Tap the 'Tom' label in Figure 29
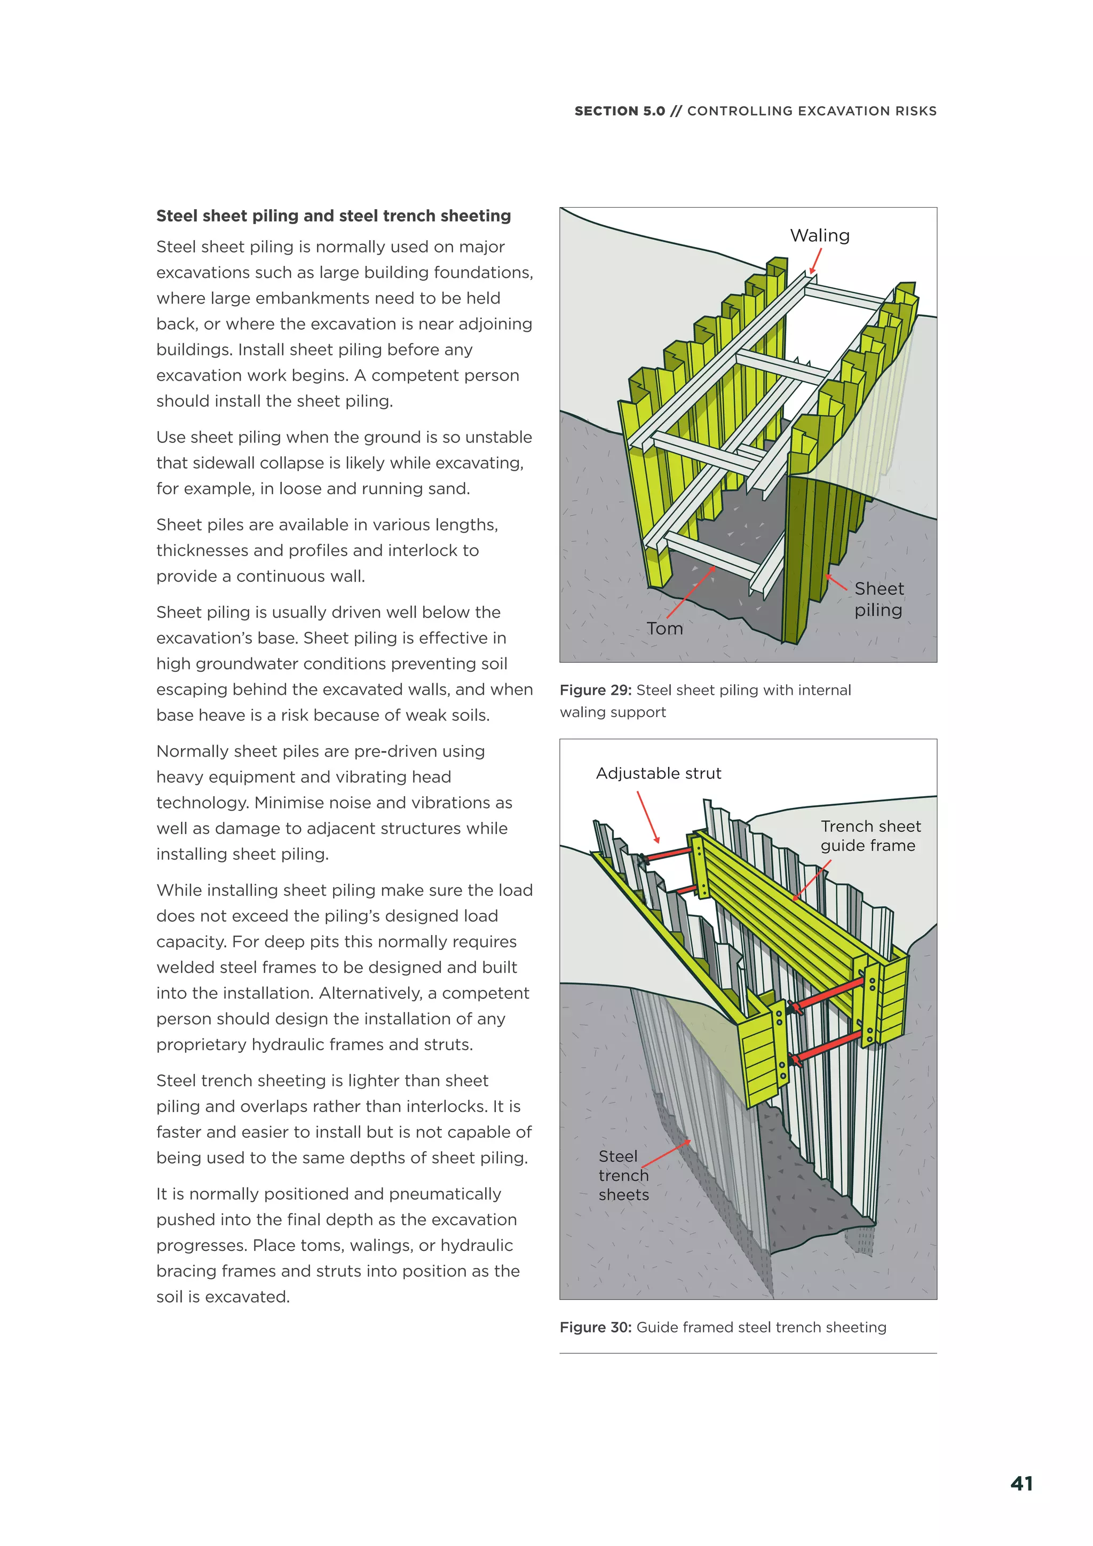(664, 628)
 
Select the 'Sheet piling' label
(878, 599)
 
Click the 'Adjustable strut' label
(658, 773)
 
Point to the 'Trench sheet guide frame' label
(869, 836)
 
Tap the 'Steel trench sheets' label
(623, 1175)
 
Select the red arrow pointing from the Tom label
(690, 592)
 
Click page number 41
(1021, 1484)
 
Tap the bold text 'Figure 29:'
(595, 690)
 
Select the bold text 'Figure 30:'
(595, 1327)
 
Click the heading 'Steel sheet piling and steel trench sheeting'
(334, 216)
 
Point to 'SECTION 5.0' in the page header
(619, 111)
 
